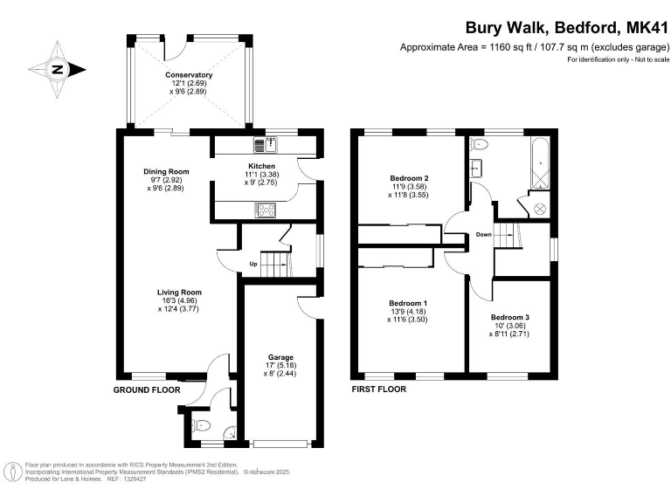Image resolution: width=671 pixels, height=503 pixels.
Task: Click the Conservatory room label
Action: point(189,75)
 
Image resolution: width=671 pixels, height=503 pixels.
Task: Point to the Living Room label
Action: point(179,293)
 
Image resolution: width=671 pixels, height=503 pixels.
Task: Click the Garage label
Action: point(280,357)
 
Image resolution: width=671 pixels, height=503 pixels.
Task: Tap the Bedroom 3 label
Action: point(508,316)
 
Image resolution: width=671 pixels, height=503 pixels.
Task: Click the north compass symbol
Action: point(58,69)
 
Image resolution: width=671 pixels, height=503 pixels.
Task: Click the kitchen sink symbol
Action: point(265,144)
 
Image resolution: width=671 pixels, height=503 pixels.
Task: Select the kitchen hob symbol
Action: point(265,209)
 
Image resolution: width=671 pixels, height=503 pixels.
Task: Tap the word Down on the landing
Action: point(484,235)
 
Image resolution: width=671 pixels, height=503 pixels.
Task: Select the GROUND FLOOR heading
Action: point(147,389)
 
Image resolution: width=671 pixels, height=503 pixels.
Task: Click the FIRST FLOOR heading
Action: point(378,389)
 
